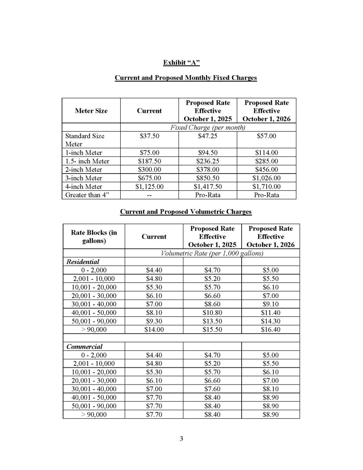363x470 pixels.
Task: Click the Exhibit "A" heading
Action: (x=181, y=62)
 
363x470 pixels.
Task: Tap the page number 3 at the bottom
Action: (x=181, y=438)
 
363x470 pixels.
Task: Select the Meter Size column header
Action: (x=91, y=111)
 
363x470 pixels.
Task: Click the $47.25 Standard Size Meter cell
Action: (x=208, y=136)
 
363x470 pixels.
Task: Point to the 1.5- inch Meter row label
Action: (x=87, y=161)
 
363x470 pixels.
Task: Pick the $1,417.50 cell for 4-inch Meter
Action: (x=208, y=186)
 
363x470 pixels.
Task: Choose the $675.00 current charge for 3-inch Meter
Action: (x=149, y=178)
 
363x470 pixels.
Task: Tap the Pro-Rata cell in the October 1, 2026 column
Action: (x=266, y=195)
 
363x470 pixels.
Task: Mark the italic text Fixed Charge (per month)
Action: (x=208, y=127)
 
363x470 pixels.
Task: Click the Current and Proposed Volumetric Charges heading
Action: (x=186, y=212)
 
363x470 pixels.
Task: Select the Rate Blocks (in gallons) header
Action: (x=94, y=237)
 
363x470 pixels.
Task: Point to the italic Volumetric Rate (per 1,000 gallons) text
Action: (x=212, y=253)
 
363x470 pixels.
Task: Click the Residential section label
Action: (x=83, y=262)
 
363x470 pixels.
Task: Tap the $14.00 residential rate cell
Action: (x=154, y=330)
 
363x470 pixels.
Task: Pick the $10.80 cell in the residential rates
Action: (x=212, y=313)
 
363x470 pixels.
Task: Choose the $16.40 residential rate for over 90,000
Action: (x=270, y=330)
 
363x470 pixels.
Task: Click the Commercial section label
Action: (x=85, y=347)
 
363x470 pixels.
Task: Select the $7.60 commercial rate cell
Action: (x=212, y=389)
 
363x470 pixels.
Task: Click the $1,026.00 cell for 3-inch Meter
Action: (x=266, y=178)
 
